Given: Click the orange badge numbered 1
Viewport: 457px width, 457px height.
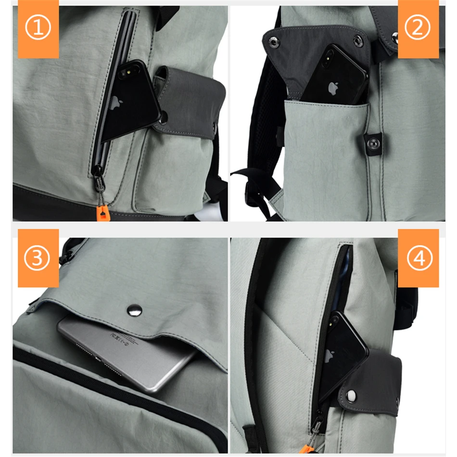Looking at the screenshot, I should click(38, 29).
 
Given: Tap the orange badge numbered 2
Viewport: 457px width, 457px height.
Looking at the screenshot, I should click(418, 29).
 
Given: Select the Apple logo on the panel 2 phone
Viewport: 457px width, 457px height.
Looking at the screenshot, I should click(331, 88).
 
